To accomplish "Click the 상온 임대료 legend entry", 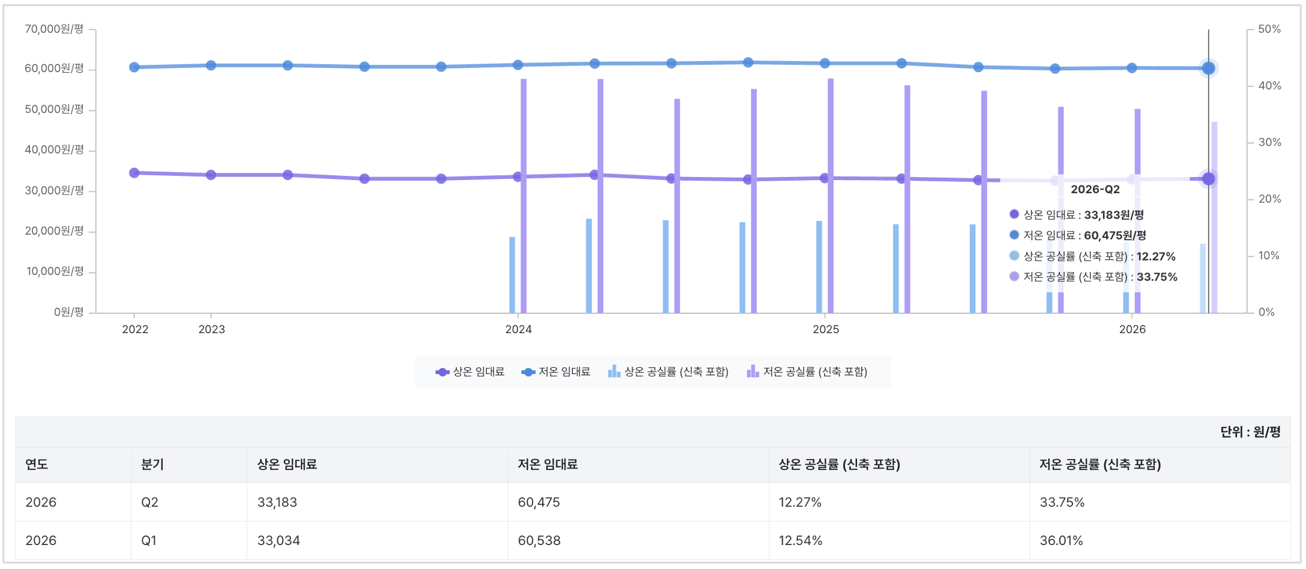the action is coord(470,372).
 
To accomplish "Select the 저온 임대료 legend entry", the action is coord(556,372).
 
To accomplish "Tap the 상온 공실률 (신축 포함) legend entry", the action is coord(668,372).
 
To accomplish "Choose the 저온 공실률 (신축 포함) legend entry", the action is coord(807,372).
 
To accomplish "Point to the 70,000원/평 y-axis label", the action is coord(54,29).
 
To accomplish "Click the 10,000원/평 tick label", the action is coord(55,271).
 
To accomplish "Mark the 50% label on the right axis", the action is coord(1269,29).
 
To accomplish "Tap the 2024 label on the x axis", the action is coord(518,329).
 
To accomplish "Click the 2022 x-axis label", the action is coord(135,329).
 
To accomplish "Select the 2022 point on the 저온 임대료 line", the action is coord(134,67).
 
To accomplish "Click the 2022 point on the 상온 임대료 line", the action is coord(134,173).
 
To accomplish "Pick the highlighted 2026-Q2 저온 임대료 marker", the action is coord(1208,68).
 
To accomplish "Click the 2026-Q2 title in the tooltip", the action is coord(1095,189).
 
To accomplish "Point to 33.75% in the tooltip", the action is coord(1157,277).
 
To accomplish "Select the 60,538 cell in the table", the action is coord(539,540).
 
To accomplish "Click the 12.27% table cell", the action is coord(800,502).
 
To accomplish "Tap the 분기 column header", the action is coord(152,464).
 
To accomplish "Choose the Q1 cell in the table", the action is coord(149,540).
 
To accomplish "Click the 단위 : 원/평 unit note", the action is coord(1251,432).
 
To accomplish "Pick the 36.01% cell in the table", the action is coord(1061,540).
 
